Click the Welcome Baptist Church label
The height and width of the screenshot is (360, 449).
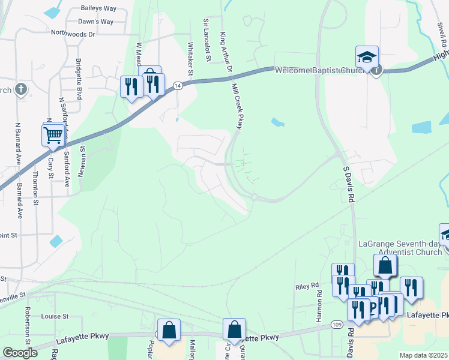coord(320,71)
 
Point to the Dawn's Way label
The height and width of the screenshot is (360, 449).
coord(96,22)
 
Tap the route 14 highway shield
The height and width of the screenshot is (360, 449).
coord(178,86)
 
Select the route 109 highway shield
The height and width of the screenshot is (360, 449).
coord(337,325)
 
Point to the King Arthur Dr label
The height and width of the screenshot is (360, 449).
coord(226,53)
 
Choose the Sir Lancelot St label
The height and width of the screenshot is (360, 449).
coord(207,40)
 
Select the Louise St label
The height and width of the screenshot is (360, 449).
coord(55,316)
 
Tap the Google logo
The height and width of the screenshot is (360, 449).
coord(20,353)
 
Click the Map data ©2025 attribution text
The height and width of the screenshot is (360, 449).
coord(423,355)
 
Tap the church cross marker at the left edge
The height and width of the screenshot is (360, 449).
coord(21,90)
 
